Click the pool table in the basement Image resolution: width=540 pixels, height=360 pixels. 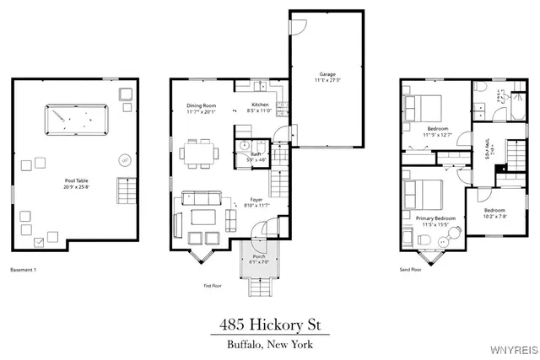tap(76, 121)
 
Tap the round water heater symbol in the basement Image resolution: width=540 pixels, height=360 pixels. tap(124, 159)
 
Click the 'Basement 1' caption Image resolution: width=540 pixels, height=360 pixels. tap(24, 270)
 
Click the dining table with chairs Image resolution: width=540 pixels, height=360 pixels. tap(201, 152)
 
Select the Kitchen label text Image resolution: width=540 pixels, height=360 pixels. tap(259, 105)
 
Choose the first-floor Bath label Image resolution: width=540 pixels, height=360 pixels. tap(256, 155)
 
